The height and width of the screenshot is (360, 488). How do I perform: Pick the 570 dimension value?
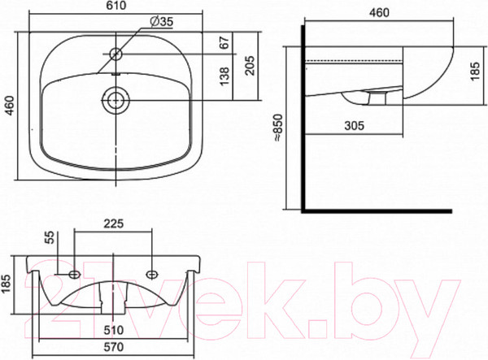click(113, 348)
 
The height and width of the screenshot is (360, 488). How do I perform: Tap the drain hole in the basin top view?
click(115, 100)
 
